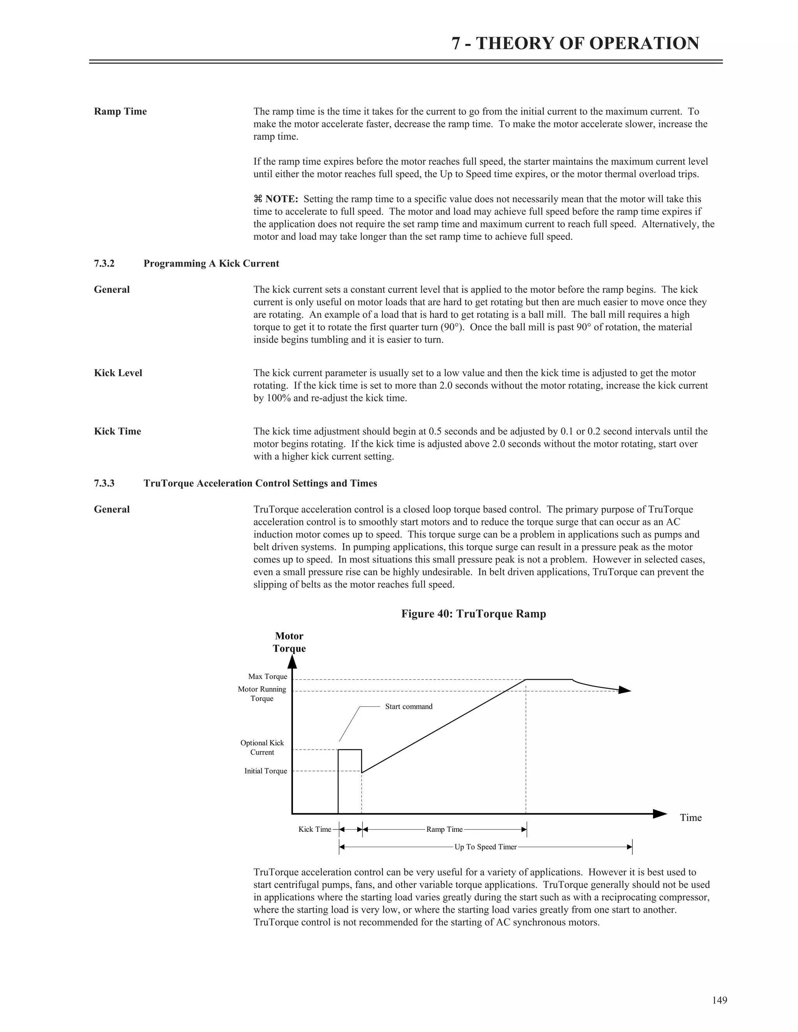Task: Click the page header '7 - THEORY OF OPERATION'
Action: [575, 44]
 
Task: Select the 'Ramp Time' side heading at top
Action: [120, 111]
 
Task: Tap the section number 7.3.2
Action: [104, 264]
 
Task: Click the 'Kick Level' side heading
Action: [118, 373]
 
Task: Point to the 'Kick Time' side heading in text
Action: [117, 431]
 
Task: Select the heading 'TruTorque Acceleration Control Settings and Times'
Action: [260, 483]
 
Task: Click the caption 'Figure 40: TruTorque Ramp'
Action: [473, 614]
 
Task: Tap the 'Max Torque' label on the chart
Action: [268, 677]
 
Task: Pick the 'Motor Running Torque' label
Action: [262, 694]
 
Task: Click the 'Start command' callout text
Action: [408, 706]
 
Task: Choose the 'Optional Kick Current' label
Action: [262, 748]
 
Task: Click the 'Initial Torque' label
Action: [265, 771]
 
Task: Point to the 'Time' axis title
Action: [691, 818]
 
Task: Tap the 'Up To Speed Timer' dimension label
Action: [485, 847]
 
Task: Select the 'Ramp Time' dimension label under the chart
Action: [444, 829]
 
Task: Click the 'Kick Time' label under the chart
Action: [314, 829]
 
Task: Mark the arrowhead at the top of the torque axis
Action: [292, 662]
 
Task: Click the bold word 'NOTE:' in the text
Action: [281, 199]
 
